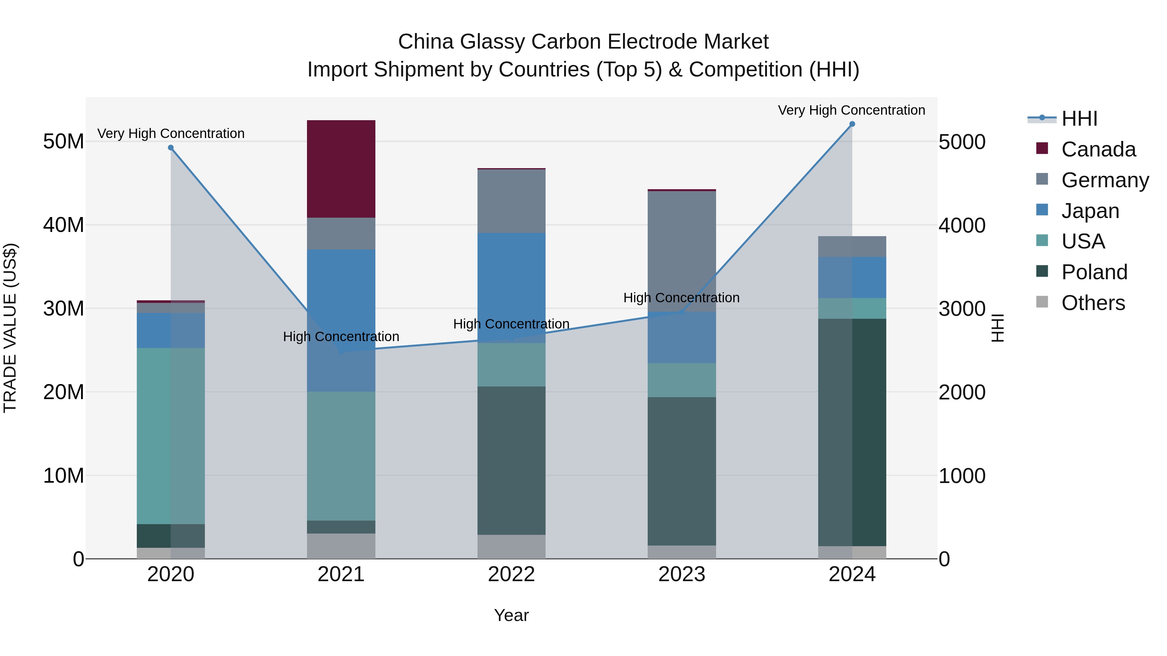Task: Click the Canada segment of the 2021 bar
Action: pyautogui.click(x=341, y=169)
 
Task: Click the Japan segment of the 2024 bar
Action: pyautogui.click(x=852, y=277)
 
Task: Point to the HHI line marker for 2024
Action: pyautogui.click(x=852, y=124)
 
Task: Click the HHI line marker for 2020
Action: pyautogui.click(x=171, y=148)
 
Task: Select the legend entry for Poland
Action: pyautogui.click(x=1094, y=272)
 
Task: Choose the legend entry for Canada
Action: pyautogui.click(x=1098, y=149)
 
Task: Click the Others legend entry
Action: pyautogui.click(x=1093, y=303)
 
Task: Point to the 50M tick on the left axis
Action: pyautogui.click(x=64, y=142)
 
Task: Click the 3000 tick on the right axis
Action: pyautogui.click(x=961, y=309)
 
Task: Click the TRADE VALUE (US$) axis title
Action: pyautogui.click(x=10, y=328)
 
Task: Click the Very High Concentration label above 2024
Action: pyautogui.click(x=851, y=110)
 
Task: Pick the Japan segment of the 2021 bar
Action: pyautogui.click(x=341, y=320)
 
